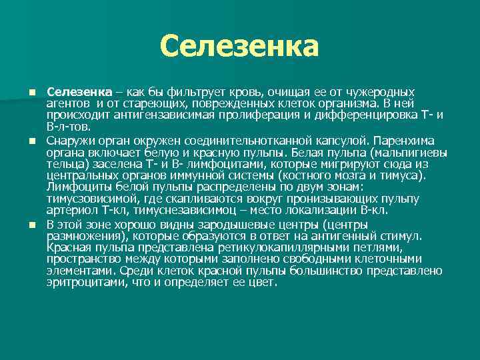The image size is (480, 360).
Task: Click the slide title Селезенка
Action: point(239,47)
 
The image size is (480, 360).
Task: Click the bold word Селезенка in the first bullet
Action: point(74,91)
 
